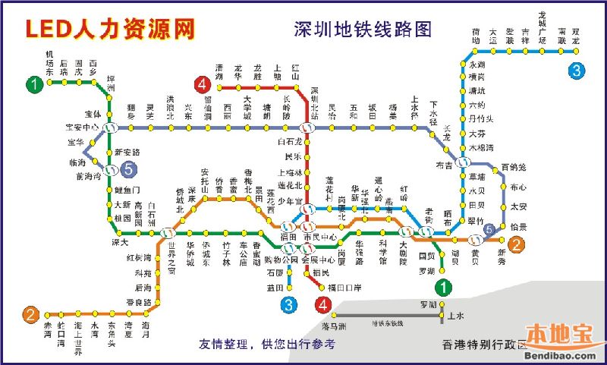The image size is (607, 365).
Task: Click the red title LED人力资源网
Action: point(110,28)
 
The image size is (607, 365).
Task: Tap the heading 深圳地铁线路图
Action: point(362,29)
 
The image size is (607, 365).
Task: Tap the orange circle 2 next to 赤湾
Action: point(30,314)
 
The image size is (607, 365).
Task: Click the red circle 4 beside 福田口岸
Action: point(324,305)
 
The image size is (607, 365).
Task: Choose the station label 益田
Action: point(274,288)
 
